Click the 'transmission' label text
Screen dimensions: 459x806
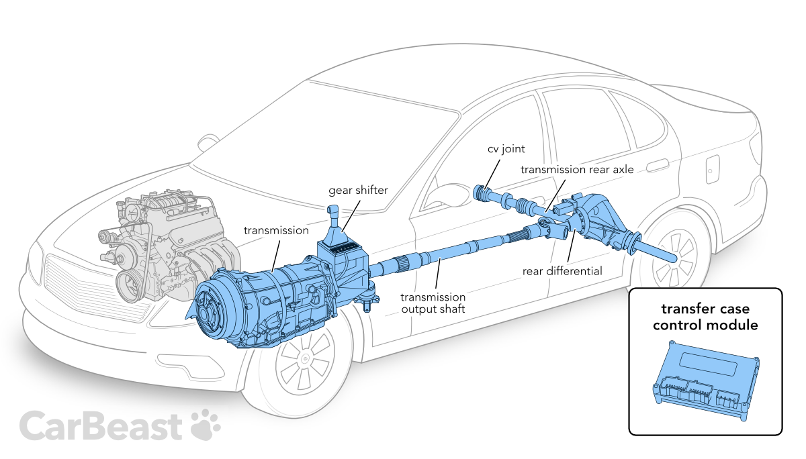click(275, 230)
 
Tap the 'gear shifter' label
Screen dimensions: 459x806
click(358, 190)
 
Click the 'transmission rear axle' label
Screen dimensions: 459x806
click(576, 169)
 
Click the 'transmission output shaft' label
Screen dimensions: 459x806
click(433, 303)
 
